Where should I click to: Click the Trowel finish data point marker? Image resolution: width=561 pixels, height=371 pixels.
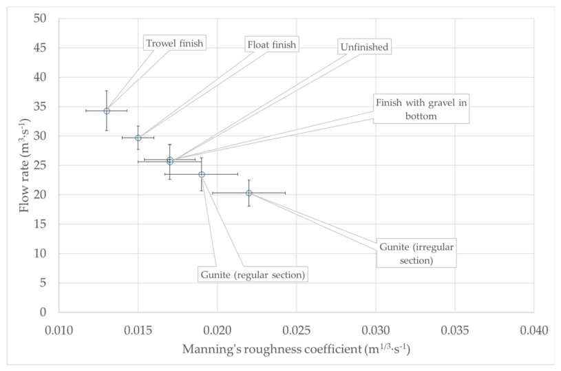107,111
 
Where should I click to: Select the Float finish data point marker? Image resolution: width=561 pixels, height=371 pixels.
138,138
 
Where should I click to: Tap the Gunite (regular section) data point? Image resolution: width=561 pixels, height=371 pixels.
202,174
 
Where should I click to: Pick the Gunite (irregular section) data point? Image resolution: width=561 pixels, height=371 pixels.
249,193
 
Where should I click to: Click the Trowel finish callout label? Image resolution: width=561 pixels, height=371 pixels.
175,43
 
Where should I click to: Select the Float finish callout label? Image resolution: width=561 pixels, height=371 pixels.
272,44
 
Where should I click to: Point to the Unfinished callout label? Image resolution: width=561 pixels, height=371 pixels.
364,47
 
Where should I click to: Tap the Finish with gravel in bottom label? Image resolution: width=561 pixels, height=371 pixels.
421,109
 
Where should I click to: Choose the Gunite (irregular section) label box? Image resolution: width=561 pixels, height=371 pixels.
416,253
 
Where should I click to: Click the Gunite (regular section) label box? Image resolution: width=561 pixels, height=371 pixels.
253,275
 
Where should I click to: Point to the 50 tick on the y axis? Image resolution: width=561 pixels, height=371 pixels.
40,19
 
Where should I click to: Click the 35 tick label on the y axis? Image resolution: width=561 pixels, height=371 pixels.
40,106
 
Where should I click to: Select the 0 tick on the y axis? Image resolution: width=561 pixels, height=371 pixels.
43,312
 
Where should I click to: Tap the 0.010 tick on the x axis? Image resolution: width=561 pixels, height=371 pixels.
59,330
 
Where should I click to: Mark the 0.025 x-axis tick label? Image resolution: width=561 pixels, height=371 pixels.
296,330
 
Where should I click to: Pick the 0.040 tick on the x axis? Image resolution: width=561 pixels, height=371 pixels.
533,330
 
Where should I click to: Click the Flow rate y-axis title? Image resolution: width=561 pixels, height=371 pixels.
24,165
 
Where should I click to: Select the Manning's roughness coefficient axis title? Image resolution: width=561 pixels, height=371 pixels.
296,349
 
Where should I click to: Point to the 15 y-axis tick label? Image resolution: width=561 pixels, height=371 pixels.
40,224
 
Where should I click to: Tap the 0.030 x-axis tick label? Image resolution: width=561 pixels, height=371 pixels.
376,330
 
